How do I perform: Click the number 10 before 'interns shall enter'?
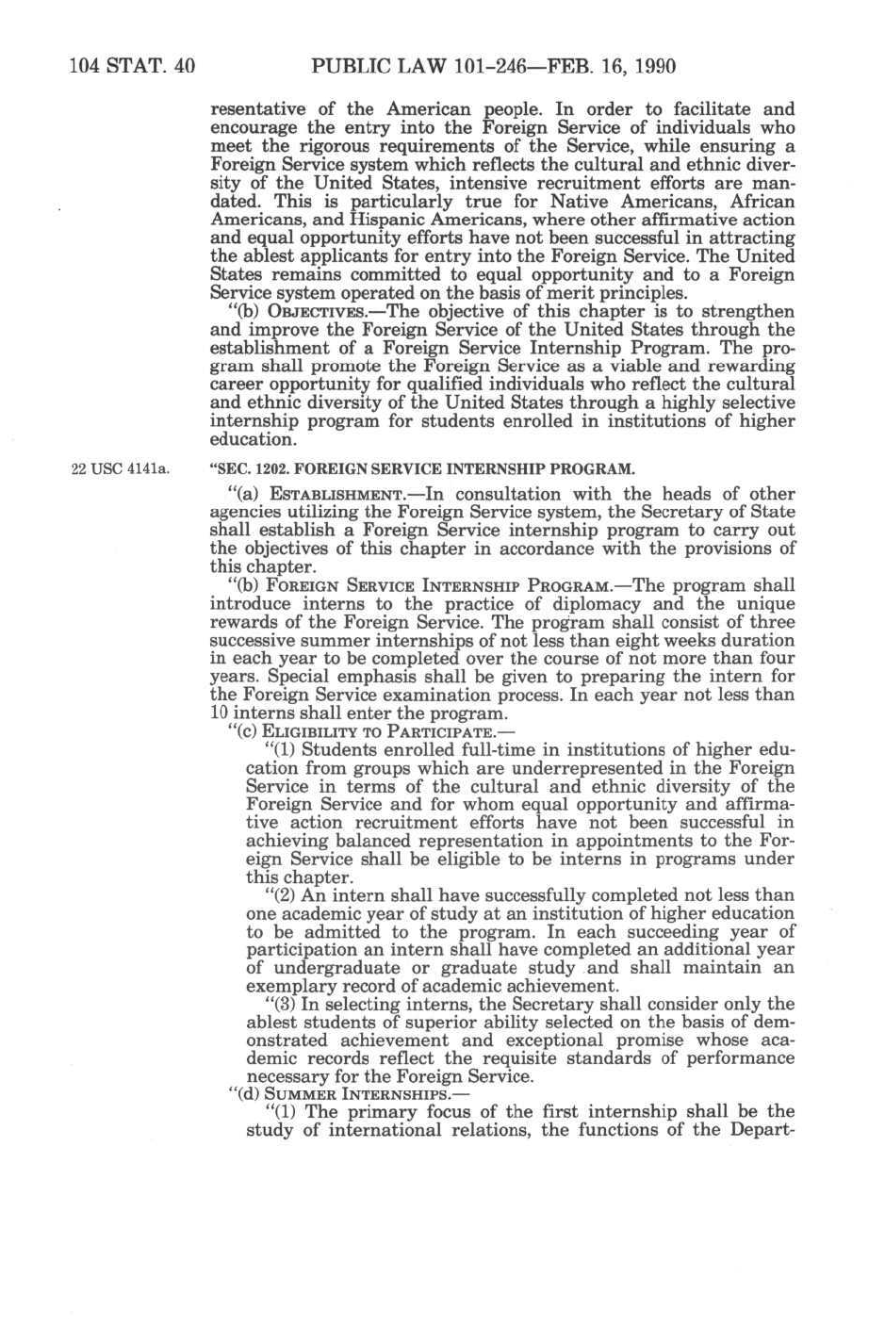[x=219, y=713]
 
